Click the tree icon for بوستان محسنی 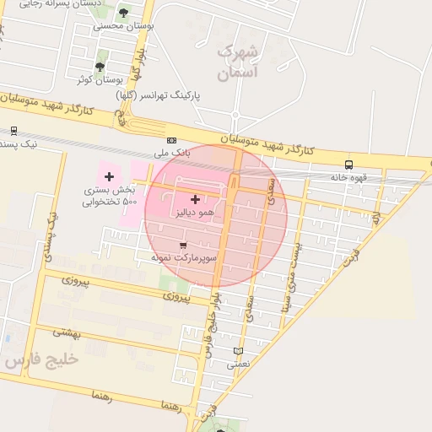pos(124,13)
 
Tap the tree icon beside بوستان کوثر pos(100,66)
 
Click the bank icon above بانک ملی pos(172,140)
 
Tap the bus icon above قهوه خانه pos(348,165)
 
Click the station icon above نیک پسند pos(13,131)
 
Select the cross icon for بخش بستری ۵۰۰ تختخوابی pos(109,175)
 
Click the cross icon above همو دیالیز pos(196,200)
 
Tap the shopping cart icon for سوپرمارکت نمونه pos(184,244)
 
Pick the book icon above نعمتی pos(238,350)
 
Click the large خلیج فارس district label pos(40,359)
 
